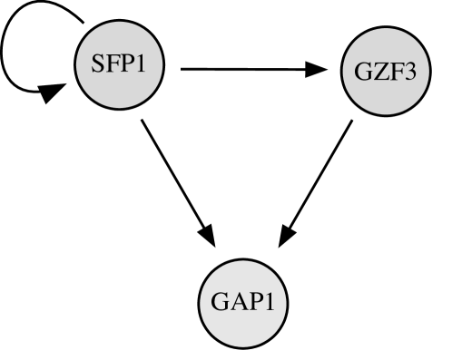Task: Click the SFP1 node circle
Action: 120,65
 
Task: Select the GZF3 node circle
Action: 385,72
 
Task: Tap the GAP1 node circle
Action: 242,304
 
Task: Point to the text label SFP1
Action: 120,64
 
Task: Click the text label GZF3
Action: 385,72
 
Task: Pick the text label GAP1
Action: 242,303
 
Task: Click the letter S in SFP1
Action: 98,64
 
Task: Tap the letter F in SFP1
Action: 112,64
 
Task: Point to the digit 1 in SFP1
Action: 141,64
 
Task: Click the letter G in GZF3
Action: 361,72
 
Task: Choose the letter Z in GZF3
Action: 378,72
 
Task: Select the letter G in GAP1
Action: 219,303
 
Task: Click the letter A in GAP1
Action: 236,303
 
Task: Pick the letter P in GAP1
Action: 251,303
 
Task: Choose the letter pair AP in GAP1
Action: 243,303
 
